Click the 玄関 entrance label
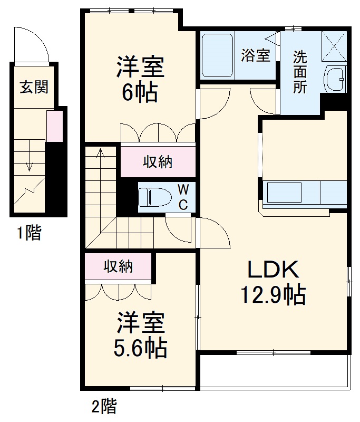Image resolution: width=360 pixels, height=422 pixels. click(34, 87)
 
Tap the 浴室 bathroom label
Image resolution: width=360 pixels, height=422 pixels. click(256, 56)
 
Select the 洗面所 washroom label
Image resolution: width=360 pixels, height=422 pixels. click(300, 72)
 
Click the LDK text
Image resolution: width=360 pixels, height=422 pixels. click(274, 270)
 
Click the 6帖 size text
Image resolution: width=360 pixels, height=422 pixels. click(140, 93)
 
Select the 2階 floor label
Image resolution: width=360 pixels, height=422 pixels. click(104, 407)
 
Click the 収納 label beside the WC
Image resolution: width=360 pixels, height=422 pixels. click(158, 162)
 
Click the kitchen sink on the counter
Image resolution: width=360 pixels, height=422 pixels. click(284, 192)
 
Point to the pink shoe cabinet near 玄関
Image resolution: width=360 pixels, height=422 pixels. click(54, 127)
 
